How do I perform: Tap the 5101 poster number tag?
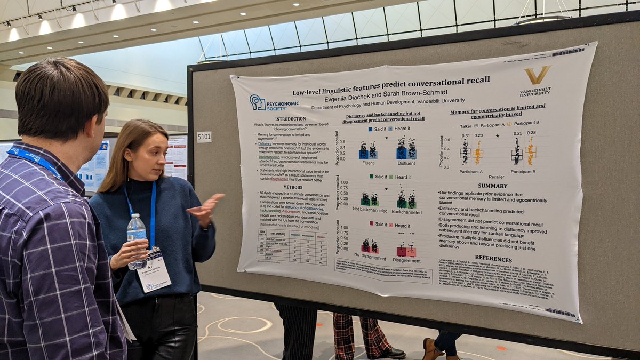[204, 137]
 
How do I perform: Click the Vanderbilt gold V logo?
[536, 75]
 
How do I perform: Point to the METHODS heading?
[292, 187]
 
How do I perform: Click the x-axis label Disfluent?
[406, 163]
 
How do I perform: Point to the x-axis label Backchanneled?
[406, 212]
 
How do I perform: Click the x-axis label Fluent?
[367, 163]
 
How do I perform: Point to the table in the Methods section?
[291, 246]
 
